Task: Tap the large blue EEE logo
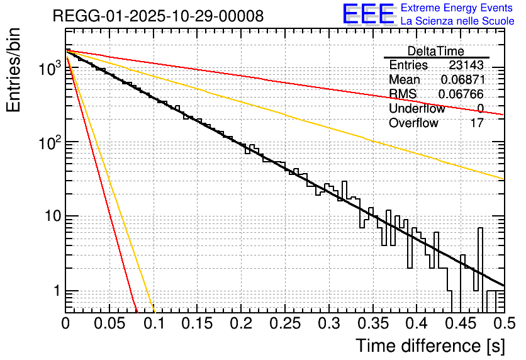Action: click(368, 14)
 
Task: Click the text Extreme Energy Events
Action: click(457, 8)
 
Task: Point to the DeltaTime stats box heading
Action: click(436, 51)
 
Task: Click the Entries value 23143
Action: click(466, 65)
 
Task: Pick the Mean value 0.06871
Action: click(462, 80)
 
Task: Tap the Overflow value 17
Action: click(477, 123)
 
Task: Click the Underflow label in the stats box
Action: click(417, 109)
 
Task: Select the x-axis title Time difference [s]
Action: click(428, 346)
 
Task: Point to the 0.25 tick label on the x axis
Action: click(284, 323)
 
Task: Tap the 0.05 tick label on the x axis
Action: click(109, 323)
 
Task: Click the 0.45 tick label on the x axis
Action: click(459, 323)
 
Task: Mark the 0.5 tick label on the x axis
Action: click(503, 323)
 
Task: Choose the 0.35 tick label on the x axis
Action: click(372, 323)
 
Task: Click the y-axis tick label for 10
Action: click(53, 217)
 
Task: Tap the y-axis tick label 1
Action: click(57, 291)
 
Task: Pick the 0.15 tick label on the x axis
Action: click(197, 323)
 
